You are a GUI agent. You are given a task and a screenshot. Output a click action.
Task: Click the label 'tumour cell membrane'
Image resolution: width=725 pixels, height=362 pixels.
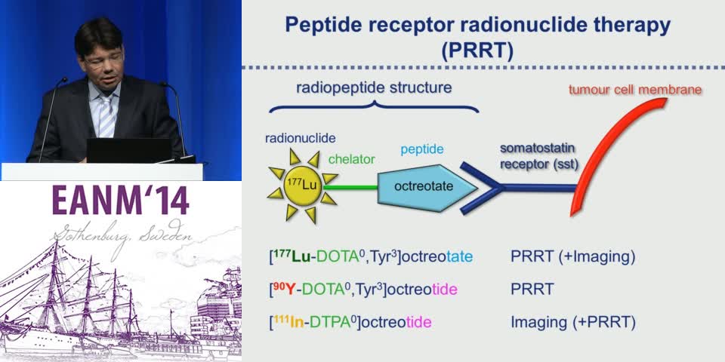coord(634,90)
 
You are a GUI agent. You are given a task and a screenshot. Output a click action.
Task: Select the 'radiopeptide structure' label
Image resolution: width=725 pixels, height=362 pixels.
coord(373,87)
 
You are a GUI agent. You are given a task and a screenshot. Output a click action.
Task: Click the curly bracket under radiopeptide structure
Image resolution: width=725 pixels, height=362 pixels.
coord(373,107)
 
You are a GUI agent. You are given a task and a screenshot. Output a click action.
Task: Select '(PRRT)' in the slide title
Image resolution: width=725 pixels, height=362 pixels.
coord(477,52)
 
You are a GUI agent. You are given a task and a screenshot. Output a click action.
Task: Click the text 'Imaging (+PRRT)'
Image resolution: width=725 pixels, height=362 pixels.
coord(572,322)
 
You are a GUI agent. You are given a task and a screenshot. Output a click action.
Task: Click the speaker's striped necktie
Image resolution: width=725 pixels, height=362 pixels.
coord(106,113)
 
